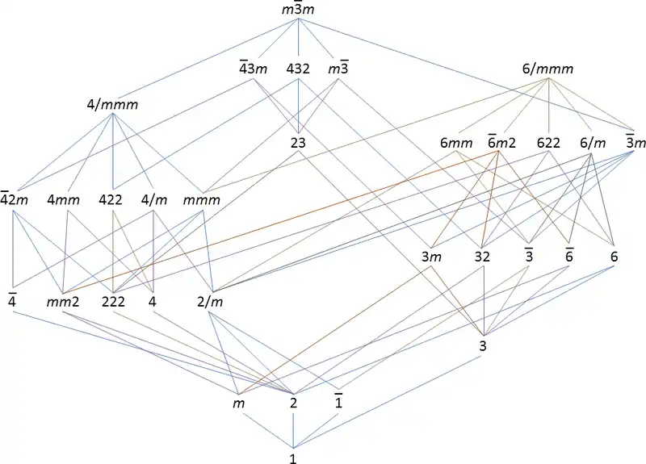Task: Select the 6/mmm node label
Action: (549, 69)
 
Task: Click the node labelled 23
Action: (299, 144)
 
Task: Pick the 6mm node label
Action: (455, 144)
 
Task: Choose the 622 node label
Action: (549, 144)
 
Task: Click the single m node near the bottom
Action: (238, 401)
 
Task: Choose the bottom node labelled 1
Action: (293, 457)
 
